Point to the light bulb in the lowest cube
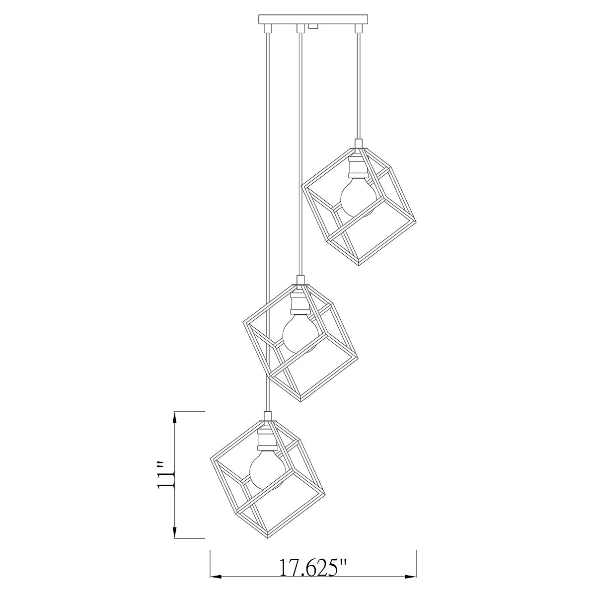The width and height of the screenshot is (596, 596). pyautogui.click(x=266, y=469)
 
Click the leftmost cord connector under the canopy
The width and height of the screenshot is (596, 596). pyautogui.click(x=267, y=28)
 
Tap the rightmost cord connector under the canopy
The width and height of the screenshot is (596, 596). pyautogui.click(x=357, y=28)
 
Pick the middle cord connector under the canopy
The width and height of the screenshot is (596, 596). pyautogui.click(x=299, y=28)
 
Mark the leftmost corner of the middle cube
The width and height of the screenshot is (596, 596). pyautogui.click(x=242, y=323)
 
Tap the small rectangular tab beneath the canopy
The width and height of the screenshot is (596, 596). pyautogui.click(x=313, y=27)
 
